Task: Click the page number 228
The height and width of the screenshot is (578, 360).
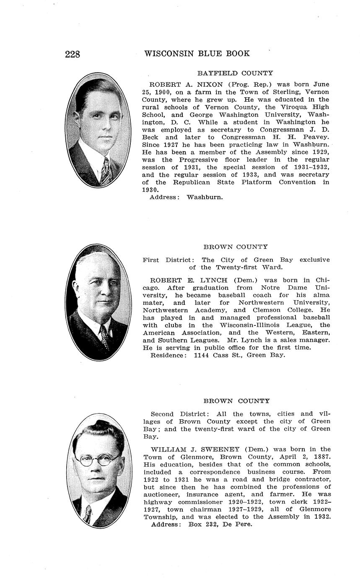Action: (x=73, y=54)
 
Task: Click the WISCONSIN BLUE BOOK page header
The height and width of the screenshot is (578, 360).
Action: (x=197, y=54)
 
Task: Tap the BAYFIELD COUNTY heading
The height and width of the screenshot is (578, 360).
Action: (x=235, y=73)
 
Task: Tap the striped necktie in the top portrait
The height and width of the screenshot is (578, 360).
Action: (x=105, y=171)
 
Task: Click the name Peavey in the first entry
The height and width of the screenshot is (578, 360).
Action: (x=315, y=137)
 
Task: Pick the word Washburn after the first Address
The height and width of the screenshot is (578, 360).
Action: (x=205, y=197)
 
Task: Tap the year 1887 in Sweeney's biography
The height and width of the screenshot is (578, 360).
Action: (x=321, y=457)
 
